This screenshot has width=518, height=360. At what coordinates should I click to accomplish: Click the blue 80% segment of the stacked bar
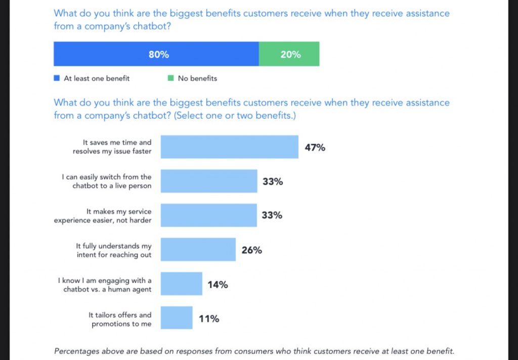(x=156, y=54)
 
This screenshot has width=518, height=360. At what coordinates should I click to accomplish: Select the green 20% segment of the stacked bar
(x=289, y=54)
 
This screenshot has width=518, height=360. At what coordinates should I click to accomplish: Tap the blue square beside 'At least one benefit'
(x=57, y=78)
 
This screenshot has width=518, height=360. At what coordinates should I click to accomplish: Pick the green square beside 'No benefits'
(x=170, y=78)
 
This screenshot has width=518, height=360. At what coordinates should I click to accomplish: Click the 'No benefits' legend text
(x=197, y=78)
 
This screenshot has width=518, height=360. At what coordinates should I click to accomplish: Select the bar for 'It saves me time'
(x=229, y=147)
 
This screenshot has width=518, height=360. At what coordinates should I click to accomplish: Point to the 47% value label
(x=315, y=148)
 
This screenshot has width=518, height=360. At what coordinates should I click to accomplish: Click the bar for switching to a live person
(x=208, y=182)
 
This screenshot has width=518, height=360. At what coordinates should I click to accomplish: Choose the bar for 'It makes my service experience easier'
(x=208, y=215)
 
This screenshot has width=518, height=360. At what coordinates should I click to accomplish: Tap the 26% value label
(x=251, y=250)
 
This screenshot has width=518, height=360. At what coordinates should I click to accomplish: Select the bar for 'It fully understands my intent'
(x=198, y=250)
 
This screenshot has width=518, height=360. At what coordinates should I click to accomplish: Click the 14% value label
(x=218, y=284)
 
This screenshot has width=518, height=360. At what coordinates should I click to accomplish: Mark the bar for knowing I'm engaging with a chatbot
(x=181, y=284)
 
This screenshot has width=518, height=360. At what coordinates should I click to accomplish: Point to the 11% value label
(x=208, y=319)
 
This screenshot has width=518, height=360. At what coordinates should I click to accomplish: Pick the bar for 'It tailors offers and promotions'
(x=177, y=318)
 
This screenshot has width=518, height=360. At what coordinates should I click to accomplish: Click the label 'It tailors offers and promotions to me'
(x=120, y=320)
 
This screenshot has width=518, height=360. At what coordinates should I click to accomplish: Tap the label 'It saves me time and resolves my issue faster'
(x=112, y=147)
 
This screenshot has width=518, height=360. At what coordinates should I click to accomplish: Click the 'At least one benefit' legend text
(x=97, y=78)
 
